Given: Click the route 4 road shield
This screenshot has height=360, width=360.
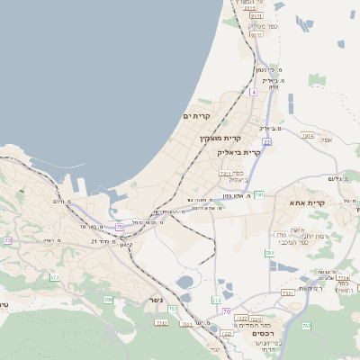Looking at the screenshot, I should [254, 92].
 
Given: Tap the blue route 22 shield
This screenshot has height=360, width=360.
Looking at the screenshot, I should [267, 142].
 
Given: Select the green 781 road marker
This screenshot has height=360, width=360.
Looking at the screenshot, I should [258, 194].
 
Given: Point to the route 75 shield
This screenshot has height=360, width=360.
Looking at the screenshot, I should [119, 227].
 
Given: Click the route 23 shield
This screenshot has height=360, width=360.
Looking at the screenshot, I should [8, 240].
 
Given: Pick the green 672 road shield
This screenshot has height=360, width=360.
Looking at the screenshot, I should [54, 278].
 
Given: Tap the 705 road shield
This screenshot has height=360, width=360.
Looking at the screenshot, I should [108, 299].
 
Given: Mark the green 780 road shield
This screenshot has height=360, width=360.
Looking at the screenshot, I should [269, 254].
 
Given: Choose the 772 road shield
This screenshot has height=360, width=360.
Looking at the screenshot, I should [217, 299].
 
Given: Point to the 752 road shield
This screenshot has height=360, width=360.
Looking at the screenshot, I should [161, 322].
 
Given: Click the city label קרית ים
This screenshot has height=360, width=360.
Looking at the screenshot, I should [196, 117].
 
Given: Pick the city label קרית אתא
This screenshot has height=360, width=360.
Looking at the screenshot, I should [307, 202].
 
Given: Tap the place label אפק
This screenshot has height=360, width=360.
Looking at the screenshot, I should [325, 139].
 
